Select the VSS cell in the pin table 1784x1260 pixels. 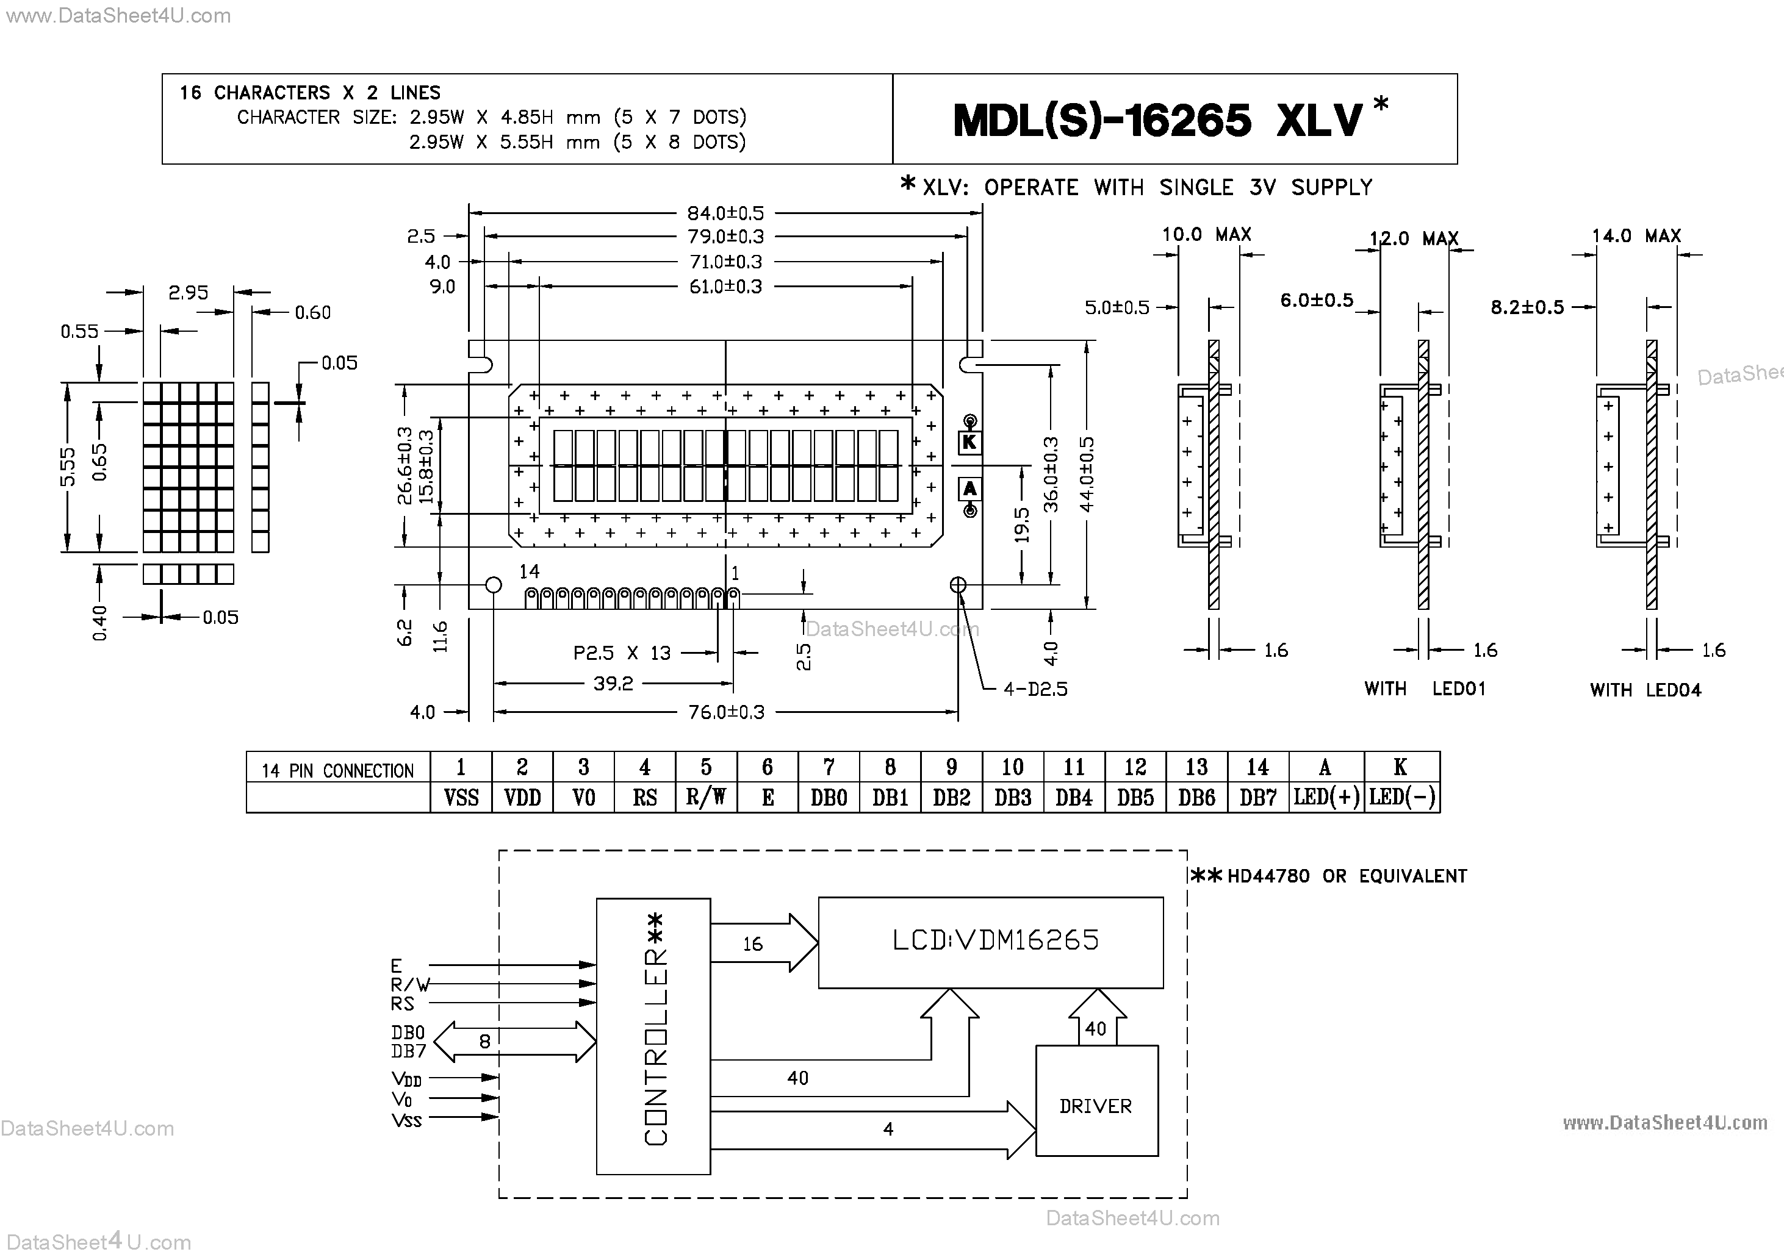(x=461, y=798)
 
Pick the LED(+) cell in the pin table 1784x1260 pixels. (x=1326, y=798)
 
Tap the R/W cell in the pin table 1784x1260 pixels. (x=705, y=798)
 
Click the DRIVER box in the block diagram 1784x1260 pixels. (x=1096, y=1106)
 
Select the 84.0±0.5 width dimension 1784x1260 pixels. (x=725, y=213)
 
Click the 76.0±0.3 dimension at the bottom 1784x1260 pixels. (x=727, y=712)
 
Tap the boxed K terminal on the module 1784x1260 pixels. (x=969, y=443)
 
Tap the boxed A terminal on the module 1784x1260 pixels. (x=969, y=489)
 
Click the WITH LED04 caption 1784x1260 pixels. (x=1645, y=690)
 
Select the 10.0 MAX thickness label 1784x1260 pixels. (x=1206, y=235)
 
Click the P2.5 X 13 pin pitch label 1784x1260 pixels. (x=622, y=653)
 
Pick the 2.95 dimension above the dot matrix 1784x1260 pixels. (x=188, y=293)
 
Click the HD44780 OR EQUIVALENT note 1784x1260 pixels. (x=1347, y=876)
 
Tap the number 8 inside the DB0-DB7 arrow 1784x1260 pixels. (x=485, y=1042)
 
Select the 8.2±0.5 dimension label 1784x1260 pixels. (x=1527, y=307)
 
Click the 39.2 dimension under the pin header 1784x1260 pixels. (x=613, y=684)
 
